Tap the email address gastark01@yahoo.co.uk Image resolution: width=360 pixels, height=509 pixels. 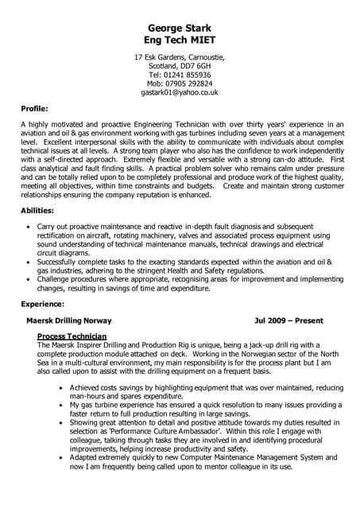pos(180,92)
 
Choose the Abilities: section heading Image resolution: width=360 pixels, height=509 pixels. pos(37,210)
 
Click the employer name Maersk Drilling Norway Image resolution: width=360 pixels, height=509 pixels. pos(69,321)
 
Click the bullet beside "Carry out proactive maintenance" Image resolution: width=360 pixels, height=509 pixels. pos(29,227)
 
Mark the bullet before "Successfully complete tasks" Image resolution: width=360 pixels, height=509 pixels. pos(29,262)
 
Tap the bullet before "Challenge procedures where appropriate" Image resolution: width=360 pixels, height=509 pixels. pos(29,280)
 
